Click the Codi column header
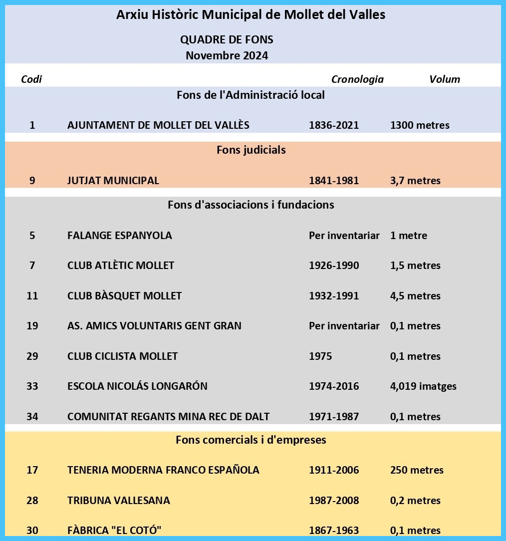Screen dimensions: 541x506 (31, 79)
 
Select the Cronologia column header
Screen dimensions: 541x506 (357, 79)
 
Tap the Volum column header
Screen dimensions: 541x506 (445, 79)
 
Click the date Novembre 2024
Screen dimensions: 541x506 (227, 55)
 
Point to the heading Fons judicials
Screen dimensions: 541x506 (251, 150)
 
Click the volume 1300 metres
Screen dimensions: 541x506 (420, 125)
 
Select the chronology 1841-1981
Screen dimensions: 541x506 (334, 180)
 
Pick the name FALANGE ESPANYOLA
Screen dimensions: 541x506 (120, 235)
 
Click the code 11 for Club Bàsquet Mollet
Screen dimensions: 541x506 (32, 295)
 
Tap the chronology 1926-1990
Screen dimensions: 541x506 (334, 266)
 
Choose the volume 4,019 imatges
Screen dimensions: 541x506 (423, 386)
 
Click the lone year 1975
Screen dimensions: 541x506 (320, 356)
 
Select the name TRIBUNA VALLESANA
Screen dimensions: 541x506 (119, 500)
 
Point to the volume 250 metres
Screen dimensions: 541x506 (417, 470)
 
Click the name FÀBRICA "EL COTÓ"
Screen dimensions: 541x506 (114, 530)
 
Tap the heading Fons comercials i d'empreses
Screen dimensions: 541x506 (251, 440)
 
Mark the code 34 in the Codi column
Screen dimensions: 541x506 (32, 416)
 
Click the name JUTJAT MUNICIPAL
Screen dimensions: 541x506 (113, 180)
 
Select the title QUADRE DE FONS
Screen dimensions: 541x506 (227, 39)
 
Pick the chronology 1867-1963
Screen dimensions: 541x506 (334, 530)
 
